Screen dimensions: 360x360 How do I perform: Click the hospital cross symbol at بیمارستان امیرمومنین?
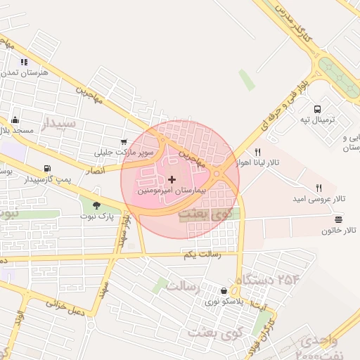pyautogui.click(x=172, y=180)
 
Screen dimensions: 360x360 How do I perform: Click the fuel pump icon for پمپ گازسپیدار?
pyautogui.click(x=47, y=169)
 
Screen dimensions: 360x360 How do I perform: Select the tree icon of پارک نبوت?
pyautogui.click(x=96, y=205)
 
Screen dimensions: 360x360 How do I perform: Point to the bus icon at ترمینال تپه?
pyautogui.click(x=318, y=109)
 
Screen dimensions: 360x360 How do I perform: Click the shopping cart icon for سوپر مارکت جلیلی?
pyautogui.click(x=124, y=141)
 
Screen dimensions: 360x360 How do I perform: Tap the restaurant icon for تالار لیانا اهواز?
pyautogui.click(x=258, y=152)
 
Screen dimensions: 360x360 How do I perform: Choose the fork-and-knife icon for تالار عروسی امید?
pyautogui.click(x=319, y=188)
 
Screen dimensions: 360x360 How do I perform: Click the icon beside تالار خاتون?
pyautogui.click(x=339, y=220)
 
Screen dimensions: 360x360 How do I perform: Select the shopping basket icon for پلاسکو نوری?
pyautogui.click(x=224, y=290)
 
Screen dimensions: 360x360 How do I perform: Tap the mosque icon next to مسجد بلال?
pyautogui.click(x=15, y=120)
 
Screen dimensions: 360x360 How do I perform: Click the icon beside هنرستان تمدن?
pyautogui.click(x=24, y=62)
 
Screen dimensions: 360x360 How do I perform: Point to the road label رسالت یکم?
pyautogui.click(x=202, y=254)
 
